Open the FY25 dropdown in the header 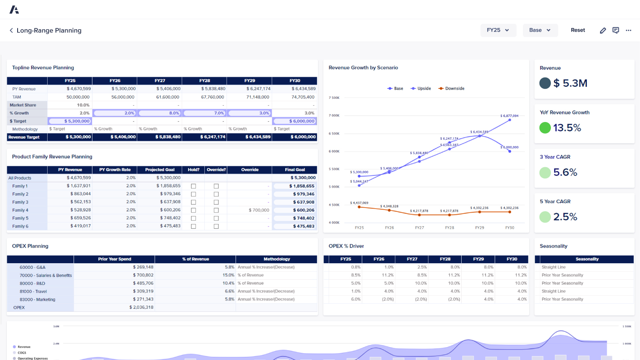498,30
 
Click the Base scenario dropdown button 540,30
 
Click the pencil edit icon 603,30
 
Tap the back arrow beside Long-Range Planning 11,30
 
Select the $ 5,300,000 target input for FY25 70,121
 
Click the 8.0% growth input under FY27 160,113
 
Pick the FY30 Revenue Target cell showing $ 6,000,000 295,137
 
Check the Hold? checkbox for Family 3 194,202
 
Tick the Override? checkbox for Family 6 216,226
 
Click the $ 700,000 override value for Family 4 259,210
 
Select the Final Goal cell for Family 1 295,186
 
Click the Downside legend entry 452,88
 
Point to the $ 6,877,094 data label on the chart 509,116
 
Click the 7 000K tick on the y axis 334,116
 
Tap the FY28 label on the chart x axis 450,228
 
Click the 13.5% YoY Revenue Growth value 567,128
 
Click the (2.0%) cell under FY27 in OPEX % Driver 421,299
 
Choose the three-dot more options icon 628,30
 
